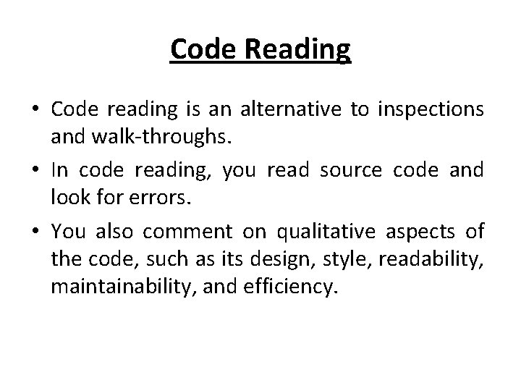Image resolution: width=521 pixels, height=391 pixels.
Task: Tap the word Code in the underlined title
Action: (203, 49)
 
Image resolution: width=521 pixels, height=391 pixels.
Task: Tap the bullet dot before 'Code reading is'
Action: (35, 109)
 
